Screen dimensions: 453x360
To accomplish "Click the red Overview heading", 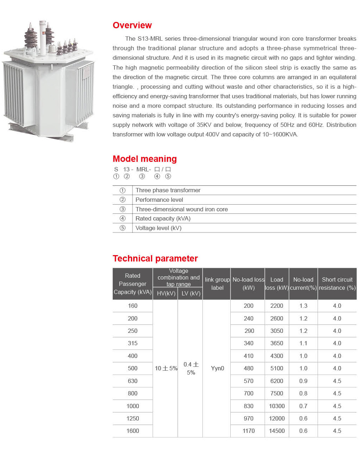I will [x=132, y=25].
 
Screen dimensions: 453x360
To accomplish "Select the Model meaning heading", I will [x=144, y=159].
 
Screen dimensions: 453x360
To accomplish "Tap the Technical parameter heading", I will [x=155, y=259].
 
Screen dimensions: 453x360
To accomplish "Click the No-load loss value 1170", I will [x=248, y=431].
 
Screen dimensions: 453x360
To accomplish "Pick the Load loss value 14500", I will [x=277, y=431].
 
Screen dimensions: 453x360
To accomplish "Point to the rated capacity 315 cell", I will [x=132, y=343].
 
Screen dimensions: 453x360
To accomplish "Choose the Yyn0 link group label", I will [x=217, y=369].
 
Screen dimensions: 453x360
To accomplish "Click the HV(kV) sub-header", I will [x=166, y=294].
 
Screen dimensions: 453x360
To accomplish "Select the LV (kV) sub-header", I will [x=191, y=294].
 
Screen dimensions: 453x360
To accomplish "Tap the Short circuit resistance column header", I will [x=337, y=284].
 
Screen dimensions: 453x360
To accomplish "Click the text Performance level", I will [x=159, y=200].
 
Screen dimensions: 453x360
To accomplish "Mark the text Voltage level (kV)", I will [x=159, y=228].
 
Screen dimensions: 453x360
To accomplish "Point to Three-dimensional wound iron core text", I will [x=182, y=209].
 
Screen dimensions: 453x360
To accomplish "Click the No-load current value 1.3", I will [x=303, y=306].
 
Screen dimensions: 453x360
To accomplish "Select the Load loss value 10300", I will [x=277, y=406].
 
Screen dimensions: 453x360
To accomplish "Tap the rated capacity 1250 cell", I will [x=132, y=419].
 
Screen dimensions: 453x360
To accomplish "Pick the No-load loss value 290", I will [x=249, y=331].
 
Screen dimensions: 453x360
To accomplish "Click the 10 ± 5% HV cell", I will [x=166, y=369].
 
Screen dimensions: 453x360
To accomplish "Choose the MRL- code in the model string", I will [x=143, y=170].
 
